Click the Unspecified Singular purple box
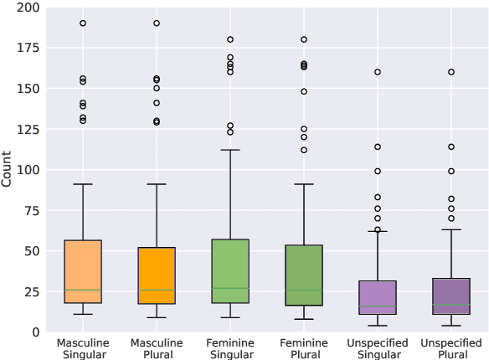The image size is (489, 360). click(377, 297)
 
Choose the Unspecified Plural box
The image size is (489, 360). click(450, 296)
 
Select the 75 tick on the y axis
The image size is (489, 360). click(30, 210)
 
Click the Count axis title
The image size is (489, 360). click(8, 170)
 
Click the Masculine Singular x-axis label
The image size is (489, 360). click(83, 347)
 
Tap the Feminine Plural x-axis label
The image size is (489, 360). click(303, 347)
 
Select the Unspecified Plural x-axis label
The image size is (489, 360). click(450, 347)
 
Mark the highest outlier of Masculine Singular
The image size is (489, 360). click(83, 23)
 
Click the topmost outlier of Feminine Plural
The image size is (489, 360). click(303, 39)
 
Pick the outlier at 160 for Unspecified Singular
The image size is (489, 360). click(377, 72)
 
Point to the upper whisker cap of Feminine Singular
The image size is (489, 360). click(230, 150)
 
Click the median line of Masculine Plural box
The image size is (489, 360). click(157, 290)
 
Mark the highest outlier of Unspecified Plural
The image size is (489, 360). click(450, 72)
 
